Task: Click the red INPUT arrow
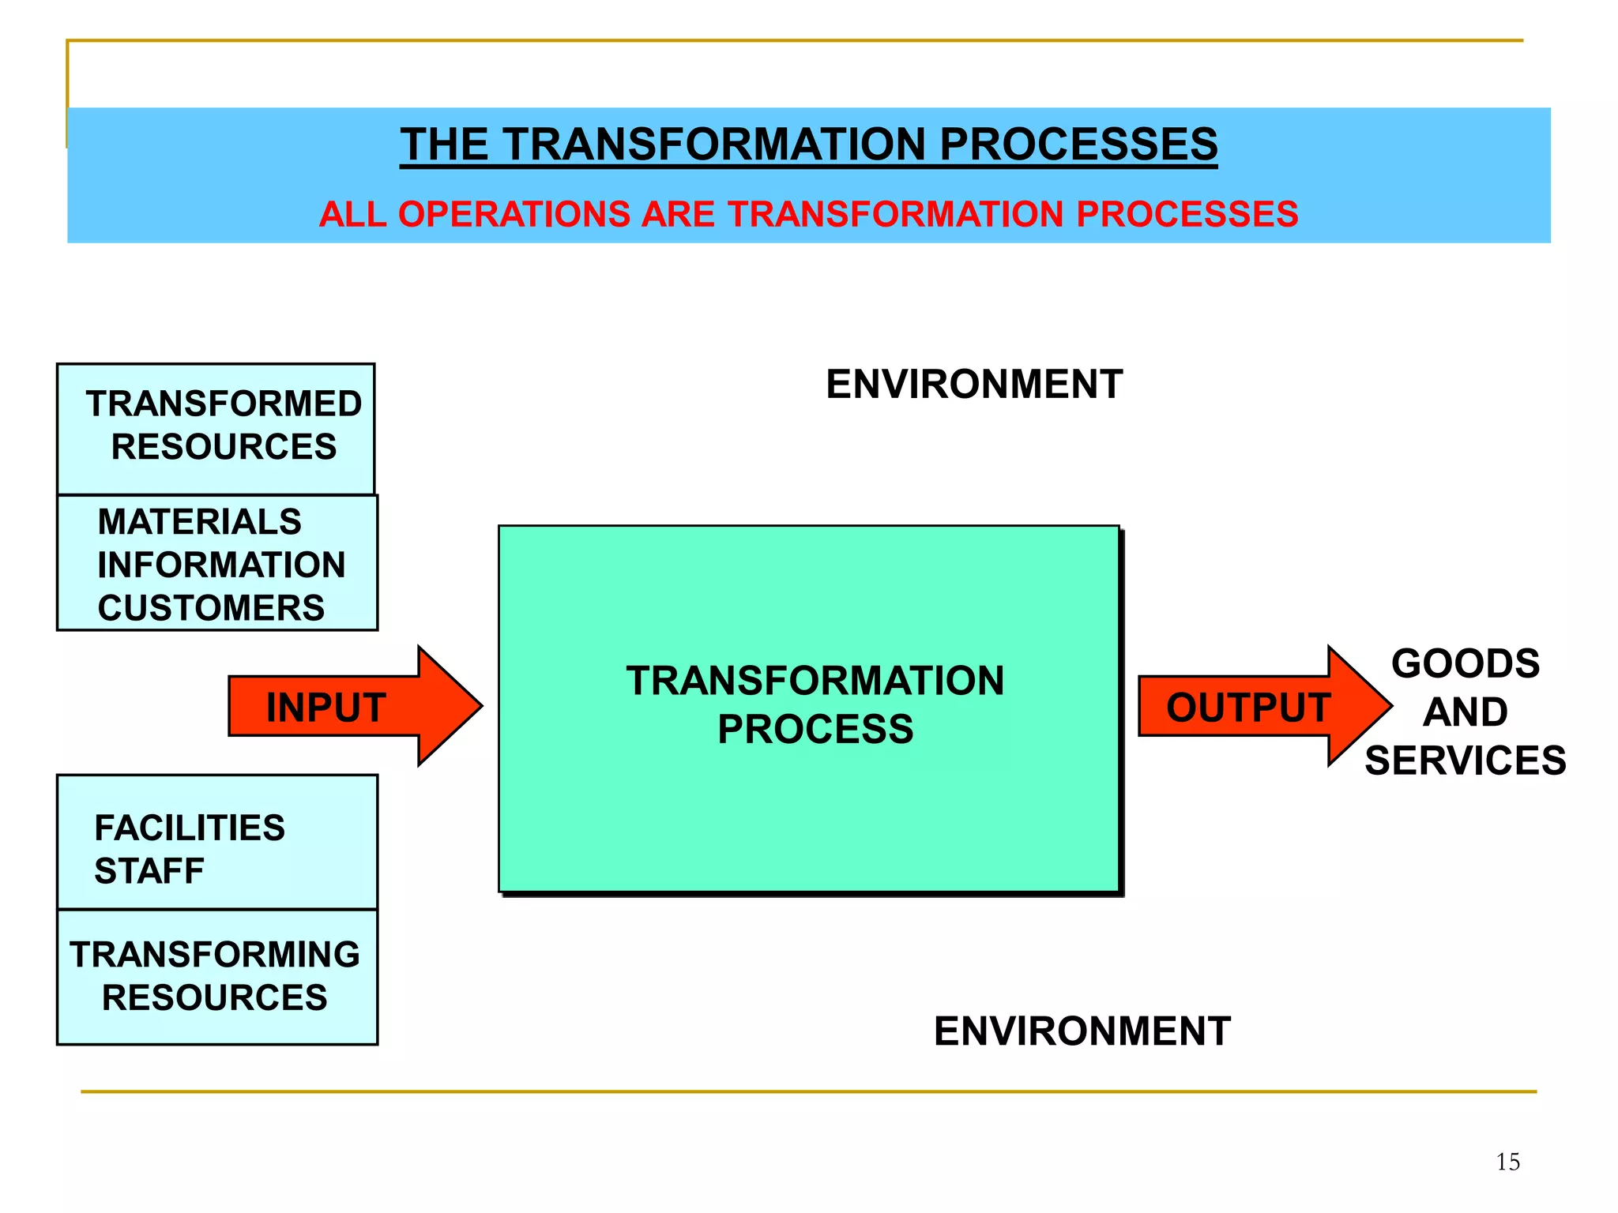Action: tap(348, 707)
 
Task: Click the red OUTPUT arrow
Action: tap(1256, 707)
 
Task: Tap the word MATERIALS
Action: tap(199, 522)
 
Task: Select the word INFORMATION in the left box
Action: tap(221, 565)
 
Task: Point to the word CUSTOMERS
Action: tap(211, 608)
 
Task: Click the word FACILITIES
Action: tap(190, 828)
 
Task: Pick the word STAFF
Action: tap(149, 872)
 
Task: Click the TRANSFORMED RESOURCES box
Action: tap(216, 427)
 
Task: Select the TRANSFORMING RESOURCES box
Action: tap(216, 977)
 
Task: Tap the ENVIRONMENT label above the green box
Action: tap(974, 385)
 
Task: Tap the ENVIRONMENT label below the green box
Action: tap(1082, 1031)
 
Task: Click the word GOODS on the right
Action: tap(1465, 663)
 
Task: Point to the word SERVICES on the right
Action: tap(1465, 760)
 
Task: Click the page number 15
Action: tap(1507, 1162)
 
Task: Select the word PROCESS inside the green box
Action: tap(815, 729)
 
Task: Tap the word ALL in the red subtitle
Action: tap(352, 215)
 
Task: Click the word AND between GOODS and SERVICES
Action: tap(1465, 712)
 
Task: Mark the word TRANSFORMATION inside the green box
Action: tap(815, 681)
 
